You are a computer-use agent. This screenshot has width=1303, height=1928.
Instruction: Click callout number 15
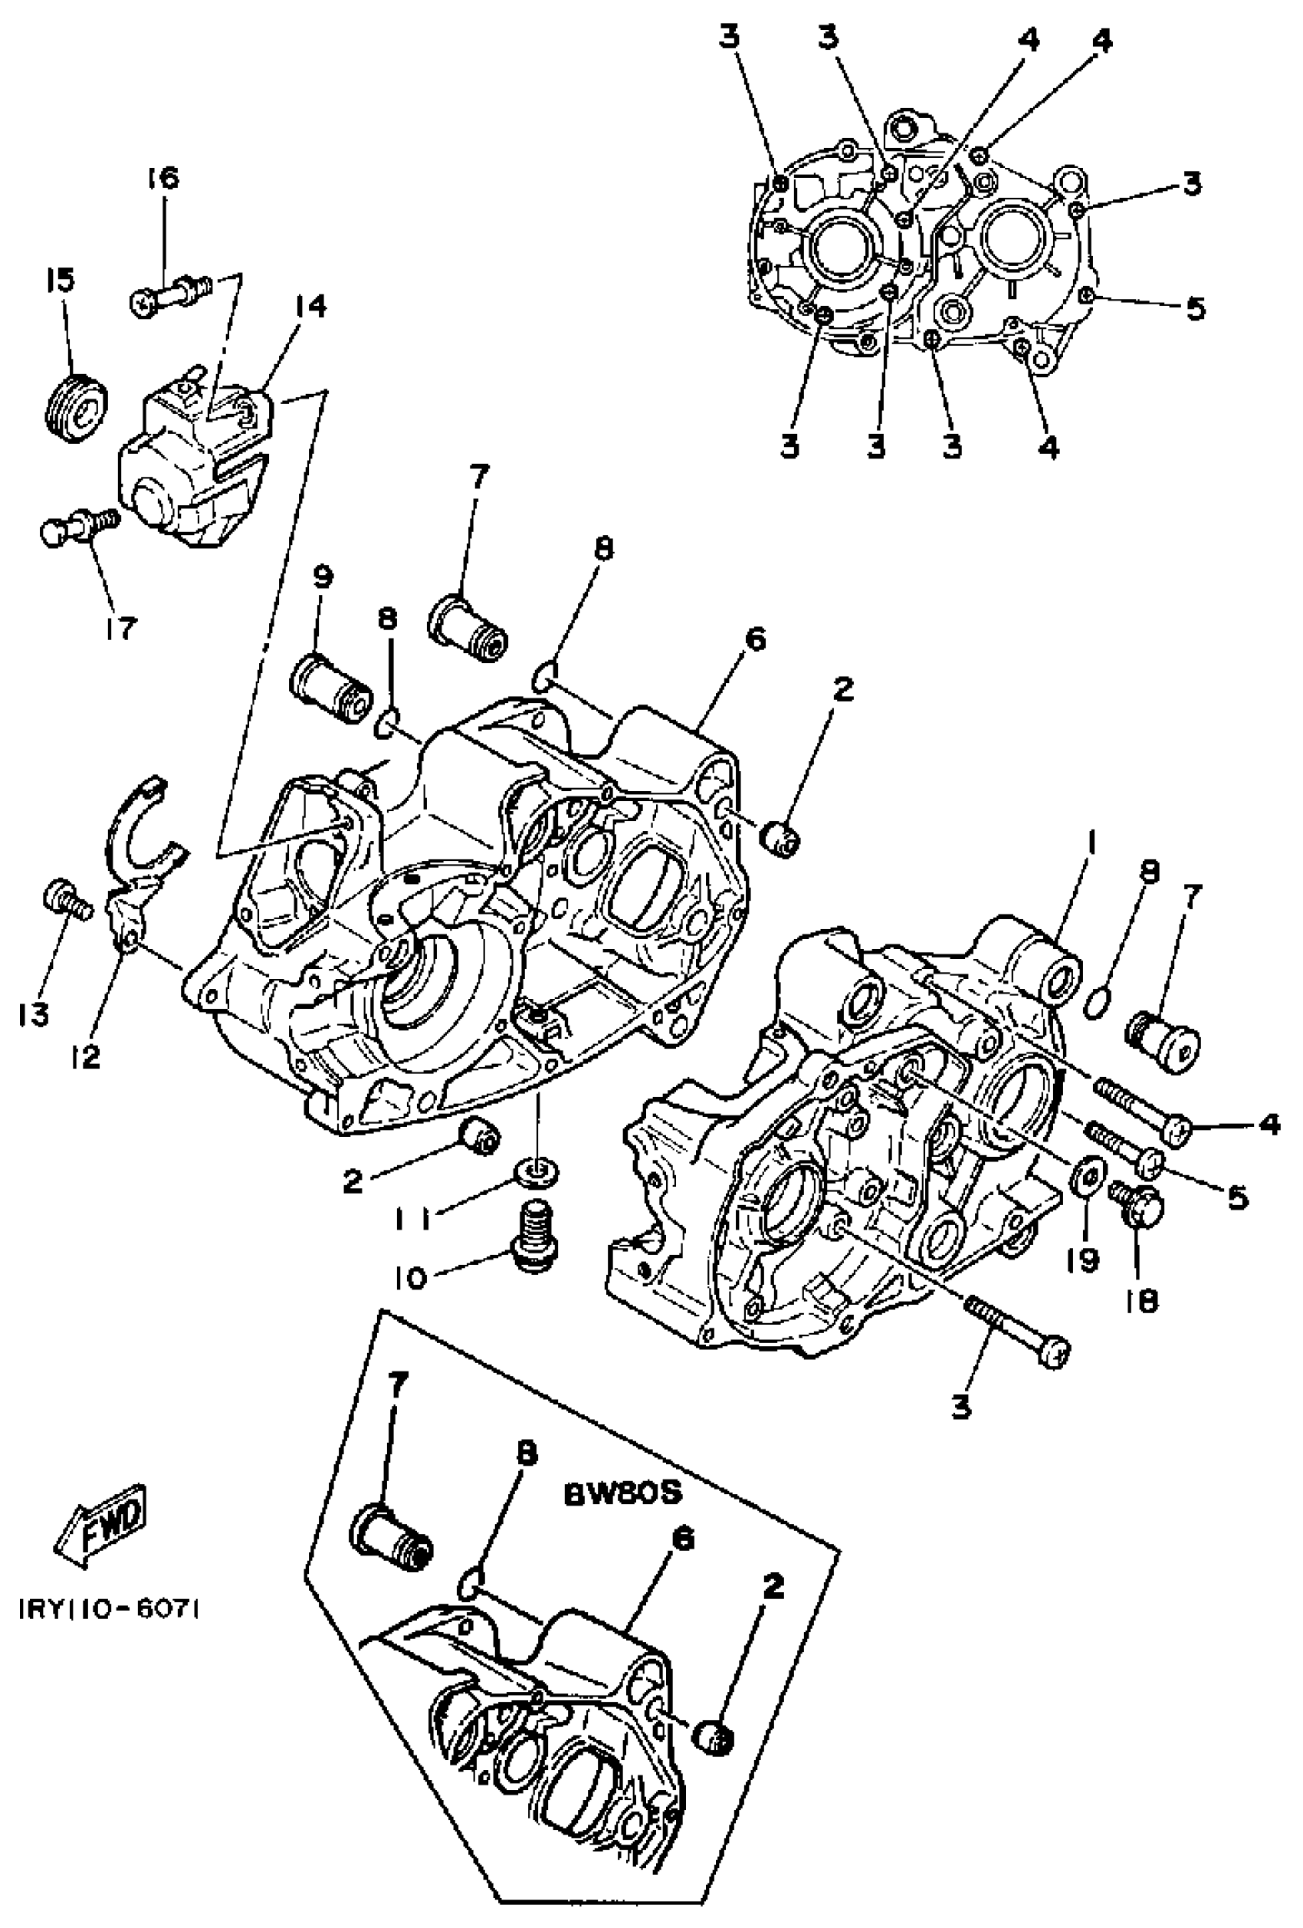pyautogui.click(x=60, y=281)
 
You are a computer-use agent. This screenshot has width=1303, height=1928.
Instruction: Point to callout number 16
pyautogui.click(x=162, y=178)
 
